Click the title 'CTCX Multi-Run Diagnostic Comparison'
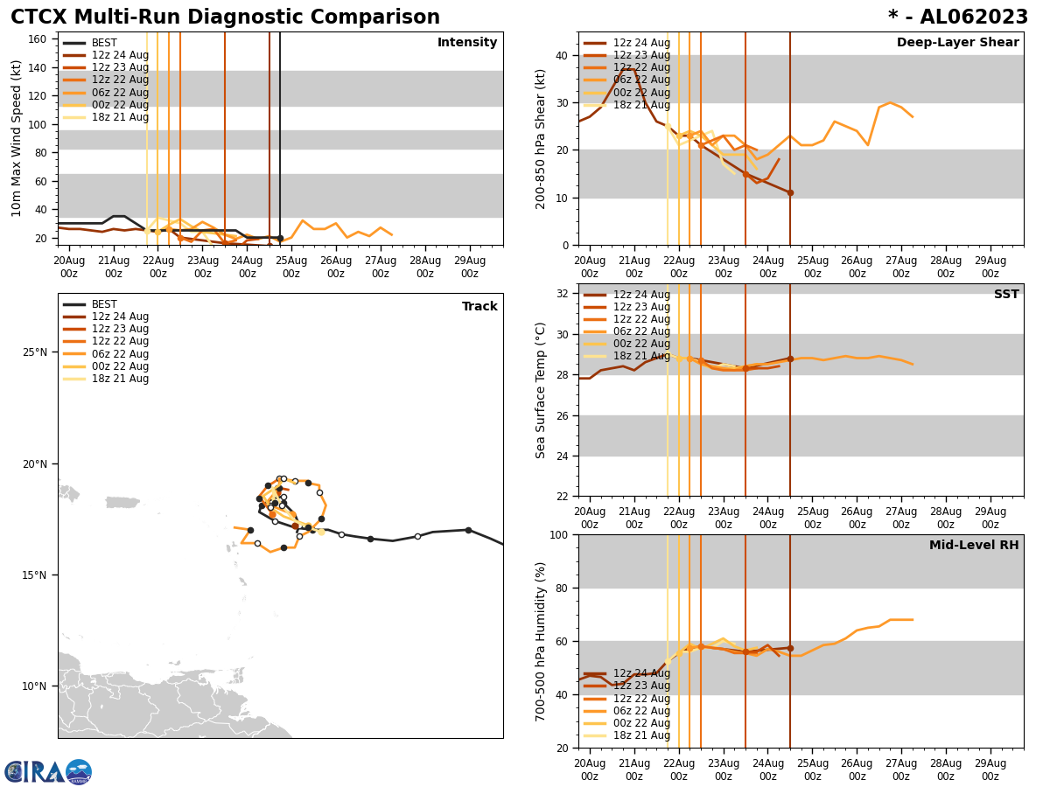pos(225,17)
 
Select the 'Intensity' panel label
pos(467,43)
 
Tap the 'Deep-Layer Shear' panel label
pos(957,43)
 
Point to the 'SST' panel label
pos(1005,295)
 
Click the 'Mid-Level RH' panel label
pos(974,546)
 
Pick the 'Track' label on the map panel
pos(479,307)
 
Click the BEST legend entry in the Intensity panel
pos(104,43)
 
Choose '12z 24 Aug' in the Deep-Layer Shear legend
pos(641,43)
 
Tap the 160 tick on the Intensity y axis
pos(38,39)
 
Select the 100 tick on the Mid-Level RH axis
pos(556,534)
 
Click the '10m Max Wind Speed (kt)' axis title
pos(17,138)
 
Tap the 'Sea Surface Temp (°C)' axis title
pos(541,390)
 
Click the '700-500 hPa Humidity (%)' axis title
pos(541,641)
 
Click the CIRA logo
pos(48,771)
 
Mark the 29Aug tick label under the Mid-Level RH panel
pos(990,770)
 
